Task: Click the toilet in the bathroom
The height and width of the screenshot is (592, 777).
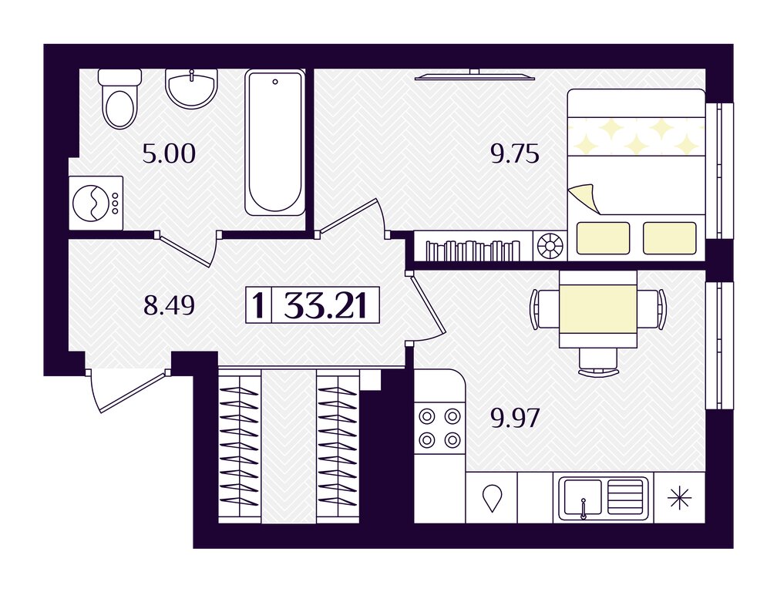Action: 120,99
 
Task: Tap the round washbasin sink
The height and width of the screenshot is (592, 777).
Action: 191,89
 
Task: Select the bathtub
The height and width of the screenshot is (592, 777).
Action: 275,143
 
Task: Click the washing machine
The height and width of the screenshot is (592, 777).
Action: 96,203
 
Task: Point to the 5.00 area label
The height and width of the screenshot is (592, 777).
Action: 169,154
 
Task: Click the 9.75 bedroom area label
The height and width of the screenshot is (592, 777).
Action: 515,155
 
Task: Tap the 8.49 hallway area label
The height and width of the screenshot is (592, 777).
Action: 169,305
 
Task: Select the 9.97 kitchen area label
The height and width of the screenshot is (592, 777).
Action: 515,419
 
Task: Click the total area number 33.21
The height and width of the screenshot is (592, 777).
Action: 325,305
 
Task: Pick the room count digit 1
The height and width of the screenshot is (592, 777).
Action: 258,305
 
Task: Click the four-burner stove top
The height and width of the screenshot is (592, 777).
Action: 439,428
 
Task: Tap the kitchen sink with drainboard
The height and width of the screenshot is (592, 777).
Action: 603,499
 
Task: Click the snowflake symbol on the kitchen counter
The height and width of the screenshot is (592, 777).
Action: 679,498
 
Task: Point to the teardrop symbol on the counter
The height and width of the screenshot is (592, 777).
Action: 493,498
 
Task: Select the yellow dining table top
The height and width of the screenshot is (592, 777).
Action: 597,308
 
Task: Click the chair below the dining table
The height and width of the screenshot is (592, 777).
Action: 598,362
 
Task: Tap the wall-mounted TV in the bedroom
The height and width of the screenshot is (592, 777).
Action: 475,75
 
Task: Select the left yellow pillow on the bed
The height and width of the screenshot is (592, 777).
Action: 603,238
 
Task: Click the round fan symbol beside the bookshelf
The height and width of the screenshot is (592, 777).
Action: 550,246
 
